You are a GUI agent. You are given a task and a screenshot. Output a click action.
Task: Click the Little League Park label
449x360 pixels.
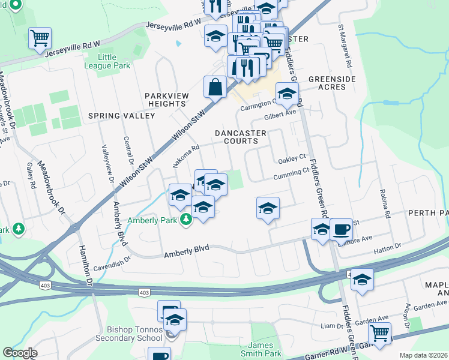(x=107, y=62)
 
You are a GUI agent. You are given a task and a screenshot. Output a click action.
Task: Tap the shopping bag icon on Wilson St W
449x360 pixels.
(x=215, y=88)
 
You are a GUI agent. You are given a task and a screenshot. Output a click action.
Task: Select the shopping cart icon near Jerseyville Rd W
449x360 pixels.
(x=40, y=38)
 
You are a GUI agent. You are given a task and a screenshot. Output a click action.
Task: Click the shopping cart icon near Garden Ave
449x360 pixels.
(x=379, y=332)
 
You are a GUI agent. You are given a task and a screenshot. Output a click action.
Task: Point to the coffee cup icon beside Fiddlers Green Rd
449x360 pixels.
(x=341, y=229)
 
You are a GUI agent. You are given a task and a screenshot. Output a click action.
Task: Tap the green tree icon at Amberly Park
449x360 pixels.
(x=186, y=220)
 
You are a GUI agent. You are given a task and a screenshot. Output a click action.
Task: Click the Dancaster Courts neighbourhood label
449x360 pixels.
(x=237, y=137)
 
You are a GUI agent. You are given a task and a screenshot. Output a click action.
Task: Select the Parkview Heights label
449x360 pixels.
(x=166, y=100)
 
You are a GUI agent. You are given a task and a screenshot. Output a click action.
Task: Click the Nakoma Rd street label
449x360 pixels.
(x=185, y=155)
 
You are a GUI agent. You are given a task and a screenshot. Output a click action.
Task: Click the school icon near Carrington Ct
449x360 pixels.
(x=287, y=94)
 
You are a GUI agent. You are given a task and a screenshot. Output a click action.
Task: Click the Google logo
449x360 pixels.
(x=20, y=352)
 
